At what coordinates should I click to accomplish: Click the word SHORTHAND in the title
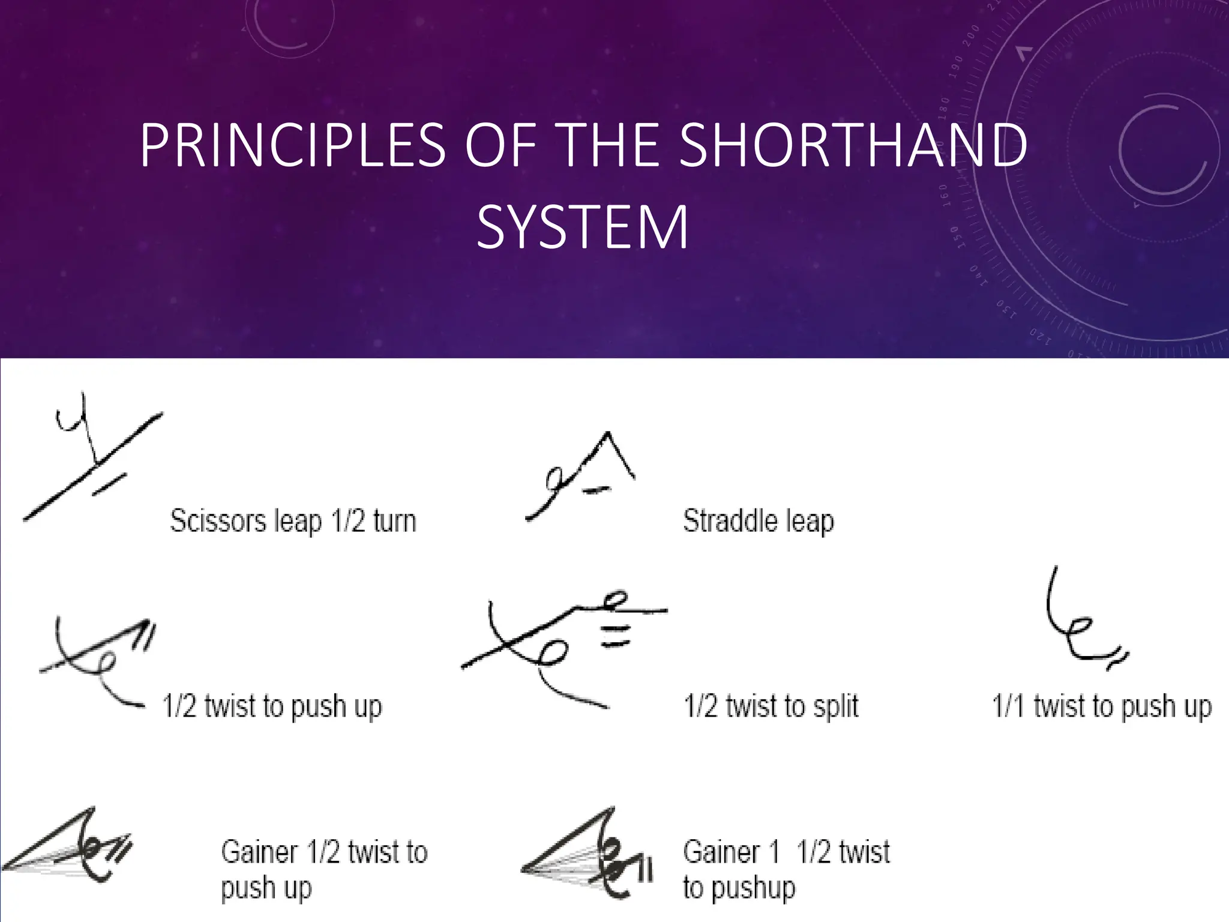[x=853, y=145]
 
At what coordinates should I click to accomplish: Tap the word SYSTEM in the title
[x=582, y=228]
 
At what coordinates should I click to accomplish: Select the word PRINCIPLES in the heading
[x=293, y=145]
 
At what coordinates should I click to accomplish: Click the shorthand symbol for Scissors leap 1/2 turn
[x=93, y=459]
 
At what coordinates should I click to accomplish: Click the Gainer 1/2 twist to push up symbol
[x=69, y=846]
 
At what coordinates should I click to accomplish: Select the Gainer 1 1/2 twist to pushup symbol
[x=588, y=852]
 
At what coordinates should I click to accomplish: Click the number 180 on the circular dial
[x=945, y=109]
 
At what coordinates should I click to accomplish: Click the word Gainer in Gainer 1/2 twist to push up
[x=259, y=852]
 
